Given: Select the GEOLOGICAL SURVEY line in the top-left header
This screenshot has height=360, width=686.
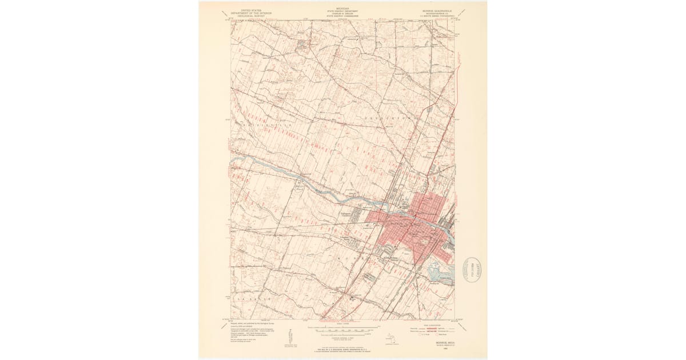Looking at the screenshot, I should pos(249,17).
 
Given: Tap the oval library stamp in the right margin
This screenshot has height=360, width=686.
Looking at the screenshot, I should pos(473,269).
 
